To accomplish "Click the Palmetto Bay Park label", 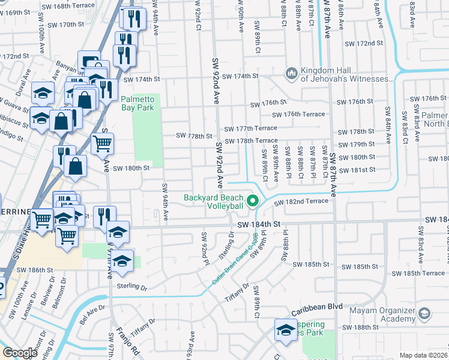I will point(137,103).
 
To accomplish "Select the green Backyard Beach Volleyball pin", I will point(253,202).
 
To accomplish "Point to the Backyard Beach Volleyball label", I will point(214,202).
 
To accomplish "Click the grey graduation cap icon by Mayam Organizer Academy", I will point(424,314).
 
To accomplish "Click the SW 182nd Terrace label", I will point(302,203).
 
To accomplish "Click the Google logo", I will point(20,353).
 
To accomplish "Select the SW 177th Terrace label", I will point(251,128).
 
